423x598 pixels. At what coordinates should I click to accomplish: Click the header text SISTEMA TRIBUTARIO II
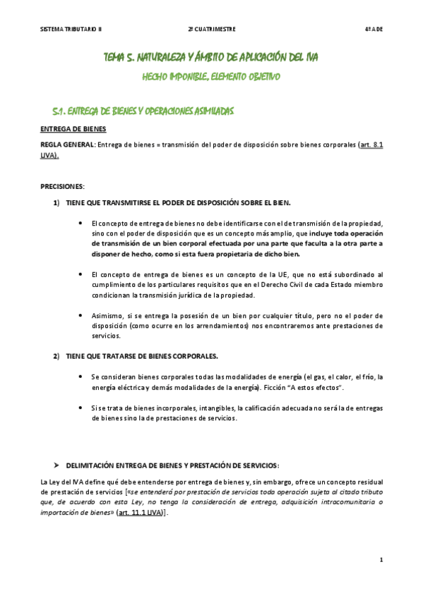(x=71, y=29)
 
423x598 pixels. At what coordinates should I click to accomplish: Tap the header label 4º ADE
(x=373, y=29)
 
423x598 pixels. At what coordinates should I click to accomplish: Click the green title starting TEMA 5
(x=210, y=57)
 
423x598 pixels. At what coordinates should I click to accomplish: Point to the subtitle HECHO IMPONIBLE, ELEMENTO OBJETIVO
(x=211, y=76)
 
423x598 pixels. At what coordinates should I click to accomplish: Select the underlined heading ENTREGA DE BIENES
(x=73, y=129)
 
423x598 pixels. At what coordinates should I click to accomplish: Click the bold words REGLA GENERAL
(x=67, y=145)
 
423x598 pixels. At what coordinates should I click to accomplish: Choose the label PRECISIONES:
(x=62, y=186)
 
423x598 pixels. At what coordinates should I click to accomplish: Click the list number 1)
(x=56, y=203)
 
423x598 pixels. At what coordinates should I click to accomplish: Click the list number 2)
(x=56, y=356)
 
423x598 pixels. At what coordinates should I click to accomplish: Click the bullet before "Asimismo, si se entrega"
(x=81, y=315)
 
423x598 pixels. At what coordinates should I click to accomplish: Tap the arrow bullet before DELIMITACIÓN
(x=56, y=465)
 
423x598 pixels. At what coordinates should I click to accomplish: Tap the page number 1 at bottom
(x=381, y=560)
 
